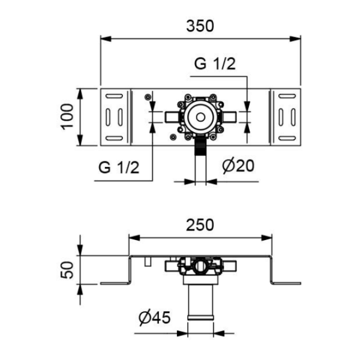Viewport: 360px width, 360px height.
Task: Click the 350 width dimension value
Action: click(200, 26)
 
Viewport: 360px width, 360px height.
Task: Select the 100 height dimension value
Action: click(67, 116)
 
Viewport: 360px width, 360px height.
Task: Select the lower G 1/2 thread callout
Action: click(119, 167)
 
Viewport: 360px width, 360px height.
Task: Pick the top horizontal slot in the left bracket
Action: click(115, 97)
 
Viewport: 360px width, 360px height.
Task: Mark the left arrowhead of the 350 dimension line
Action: click(104, 40)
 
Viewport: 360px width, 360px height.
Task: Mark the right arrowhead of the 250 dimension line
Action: click(266, 238)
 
